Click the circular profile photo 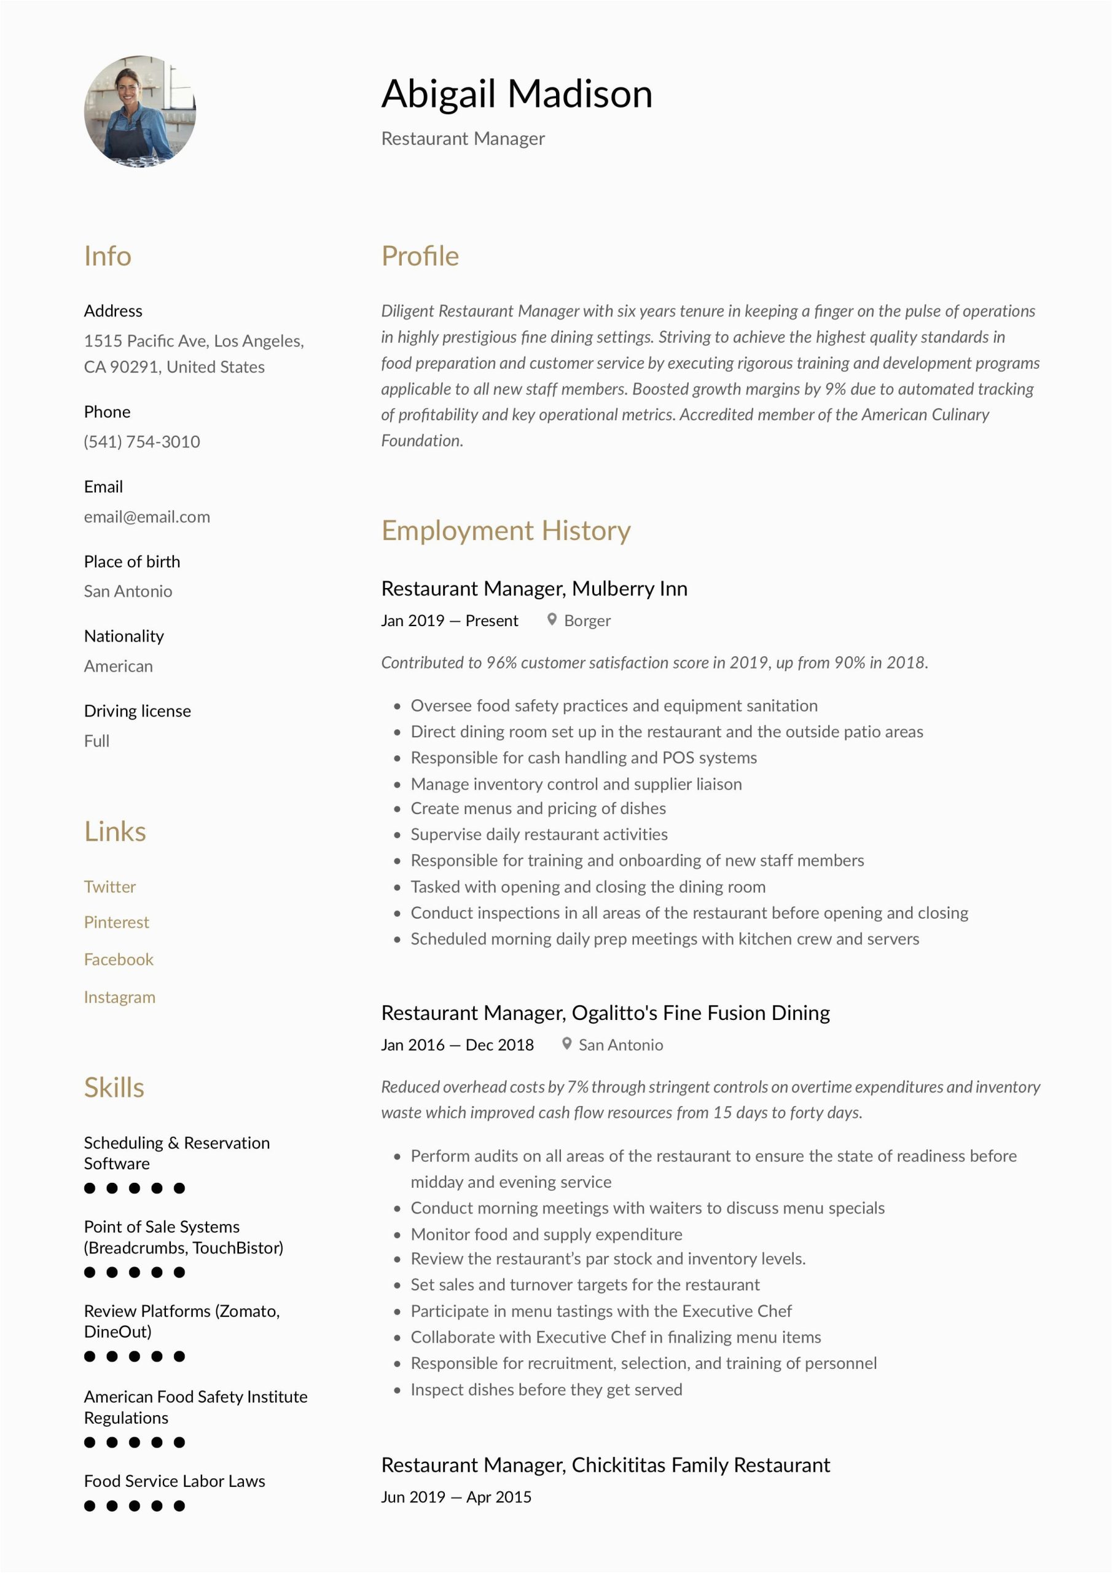140,111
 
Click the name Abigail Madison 517,94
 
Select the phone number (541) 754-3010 142,441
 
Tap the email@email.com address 147,517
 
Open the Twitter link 109,887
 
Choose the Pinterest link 116,922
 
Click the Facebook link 119,959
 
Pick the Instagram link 119,997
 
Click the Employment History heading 506,530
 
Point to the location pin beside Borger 552,619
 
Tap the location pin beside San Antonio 566,1043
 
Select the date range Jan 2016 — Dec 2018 457,1045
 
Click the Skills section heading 114,1087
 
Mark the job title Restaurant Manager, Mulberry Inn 534,589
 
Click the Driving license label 137,710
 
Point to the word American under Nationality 118,666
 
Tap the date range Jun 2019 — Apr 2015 456,1497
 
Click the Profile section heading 420,256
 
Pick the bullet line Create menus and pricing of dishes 538,809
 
